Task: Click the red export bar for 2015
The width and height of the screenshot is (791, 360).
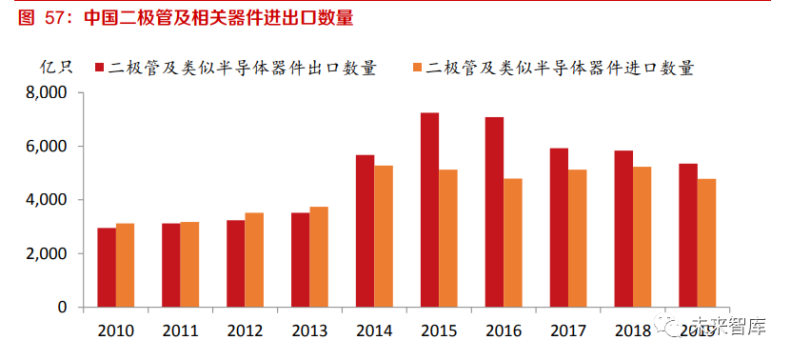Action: coord(429,210)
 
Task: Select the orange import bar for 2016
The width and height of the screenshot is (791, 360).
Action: coord(512,243)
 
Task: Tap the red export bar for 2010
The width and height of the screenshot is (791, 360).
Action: coord(107,268)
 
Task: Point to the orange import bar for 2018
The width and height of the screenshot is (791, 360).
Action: coord(642,237)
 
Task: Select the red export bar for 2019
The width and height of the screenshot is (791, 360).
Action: coord(687,235)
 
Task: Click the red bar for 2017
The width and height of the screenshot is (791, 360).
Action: coord(559,228)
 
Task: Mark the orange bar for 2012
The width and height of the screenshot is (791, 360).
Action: coord(254,260)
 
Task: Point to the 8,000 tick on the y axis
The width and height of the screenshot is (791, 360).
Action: coord(46,93)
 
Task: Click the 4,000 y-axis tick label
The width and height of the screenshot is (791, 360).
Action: coord(46,200)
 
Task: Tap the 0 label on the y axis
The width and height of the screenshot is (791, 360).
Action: coord(61,308)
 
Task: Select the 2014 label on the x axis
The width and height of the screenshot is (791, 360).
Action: coord(374,331)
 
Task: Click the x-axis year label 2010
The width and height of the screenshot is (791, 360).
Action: coord(115,331)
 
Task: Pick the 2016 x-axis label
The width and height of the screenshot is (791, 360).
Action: coord(504,331)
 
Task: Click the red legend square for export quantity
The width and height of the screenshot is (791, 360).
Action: coord(99,68)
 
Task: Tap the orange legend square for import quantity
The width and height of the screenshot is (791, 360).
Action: coord(417,68)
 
